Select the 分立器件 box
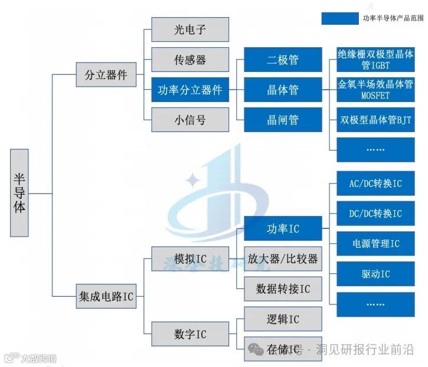(x=106, y=76)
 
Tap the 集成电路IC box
(x=106, y=296)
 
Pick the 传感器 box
(x=190, y=60)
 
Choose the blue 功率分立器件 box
(x=190, y=90)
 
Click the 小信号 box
(x=190, y=120)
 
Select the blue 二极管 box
(x=283, y=60)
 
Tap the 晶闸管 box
(x=283, y=120)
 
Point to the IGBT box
(x=375, y=60)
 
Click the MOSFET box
(x=375, y=90)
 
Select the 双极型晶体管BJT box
(x=375, y=120)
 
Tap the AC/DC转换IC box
(x=375, y=183)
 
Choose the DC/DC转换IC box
(x=375, y=214)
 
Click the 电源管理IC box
(x=375, y=243)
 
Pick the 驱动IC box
(x=375, y=274)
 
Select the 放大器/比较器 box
(x=283, y=258)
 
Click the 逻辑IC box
(x=283, y=319)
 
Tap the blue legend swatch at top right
(x=339, y=18)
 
